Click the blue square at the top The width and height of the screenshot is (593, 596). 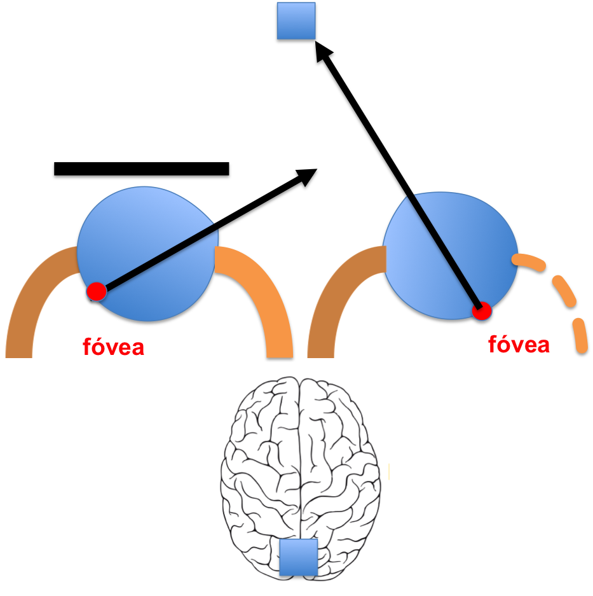point(296,20)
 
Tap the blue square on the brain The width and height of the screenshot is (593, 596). point(298,557)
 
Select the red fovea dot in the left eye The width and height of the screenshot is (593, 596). point(97,291)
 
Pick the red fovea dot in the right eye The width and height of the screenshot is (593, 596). point(482,311)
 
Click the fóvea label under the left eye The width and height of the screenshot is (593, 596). point(114,347)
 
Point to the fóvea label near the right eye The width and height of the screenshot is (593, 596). point(519,344)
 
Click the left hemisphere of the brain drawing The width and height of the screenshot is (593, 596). point(261,471)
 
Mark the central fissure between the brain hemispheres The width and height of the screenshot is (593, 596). point(300,458)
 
